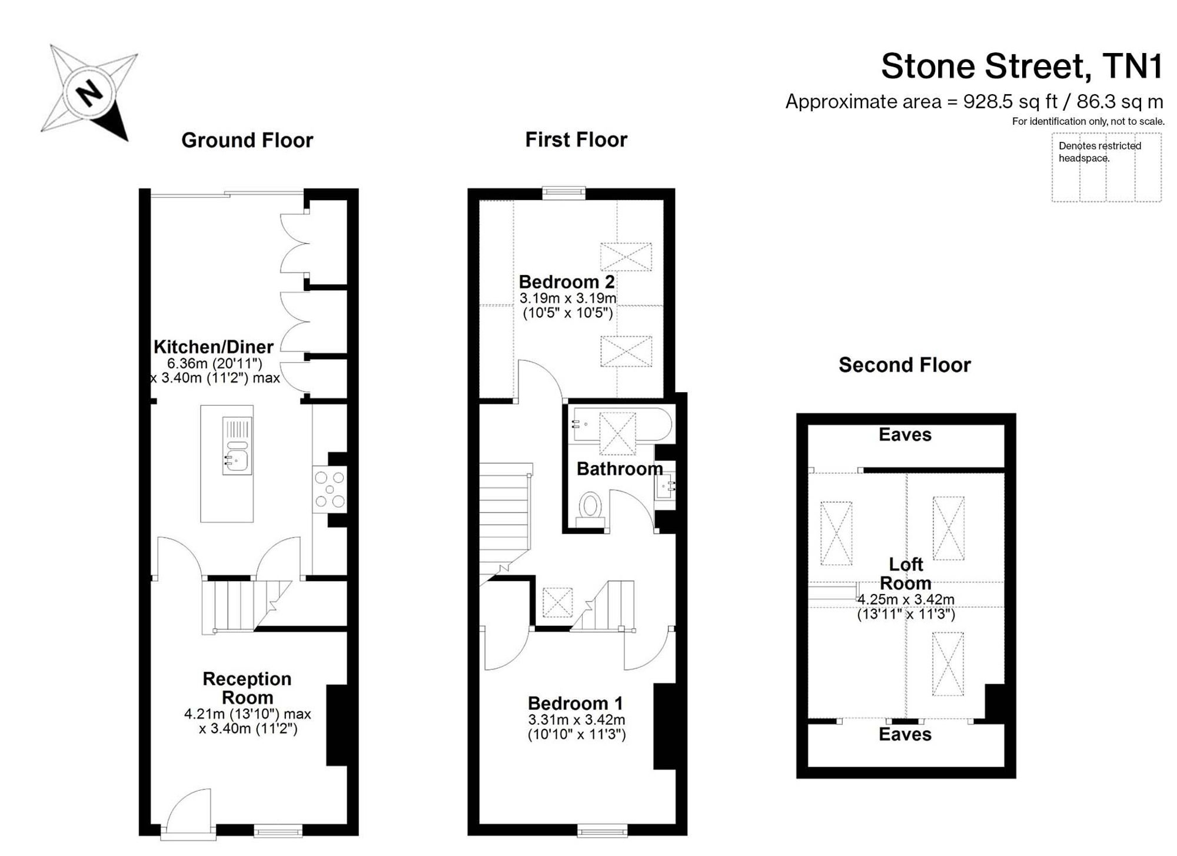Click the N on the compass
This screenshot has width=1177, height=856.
(89, 93)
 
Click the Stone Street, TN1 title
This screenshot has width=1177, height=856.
(1022, 66)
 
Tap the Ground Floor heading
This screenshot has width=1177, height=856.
(247, 140)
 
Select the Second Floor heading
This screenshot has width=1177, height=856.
(905, 365)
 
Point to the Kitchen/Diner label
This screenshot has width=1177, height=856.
(214, 347)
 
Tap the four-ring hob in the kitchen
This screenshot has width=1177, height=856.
(330, 489)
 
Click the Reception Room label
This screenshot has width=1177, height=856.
(247, 688)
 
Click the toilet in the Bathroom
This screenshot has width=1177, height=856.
(590, 510)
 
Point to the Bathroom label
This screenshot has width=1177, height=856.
(620, 469)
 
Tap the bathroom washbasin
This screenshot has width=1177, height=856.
(666, 486)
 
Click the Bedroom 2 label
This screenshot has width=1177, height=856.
(567, 281)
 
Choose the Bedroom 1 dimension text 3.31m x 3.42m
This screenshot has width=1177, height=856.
(577, 719)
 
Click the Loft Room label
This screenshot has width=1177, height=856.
(906, 574)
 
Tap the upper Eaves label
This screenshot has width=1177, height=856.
(905, 435)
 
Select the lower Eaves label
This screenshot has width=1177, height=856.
(905, 734)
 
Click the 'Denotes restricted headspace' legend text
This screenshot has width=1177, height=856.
(1100, 152)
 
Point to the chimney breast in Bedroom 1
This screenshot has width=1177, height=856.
(664, 726)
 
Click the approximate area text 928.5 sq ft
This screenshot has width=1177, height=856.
(1010, 102)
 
